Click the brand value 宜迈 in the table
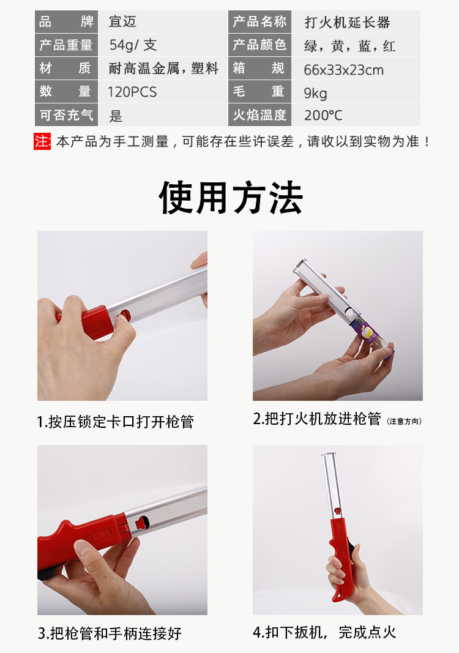(122, 23)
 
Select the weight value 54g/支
(133, 45)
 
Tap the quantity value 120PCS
(132, 92)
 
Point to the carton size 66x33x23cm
(343, 69)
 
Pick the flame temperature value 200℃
(323, 116)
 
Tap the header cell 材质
(65, 69)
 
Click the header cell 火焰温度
(259, 115)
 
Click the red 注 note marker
(42, 141)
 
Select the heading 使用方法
(231, 198)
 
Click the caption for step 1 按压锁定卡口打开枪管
(116, 422)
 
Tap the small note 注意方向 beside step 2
(404, 421)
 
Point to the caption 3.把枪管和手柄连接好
(110, 633)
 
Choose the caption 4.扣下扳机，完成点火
(324, 632)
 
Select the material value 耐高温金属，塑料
(163, 69)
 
